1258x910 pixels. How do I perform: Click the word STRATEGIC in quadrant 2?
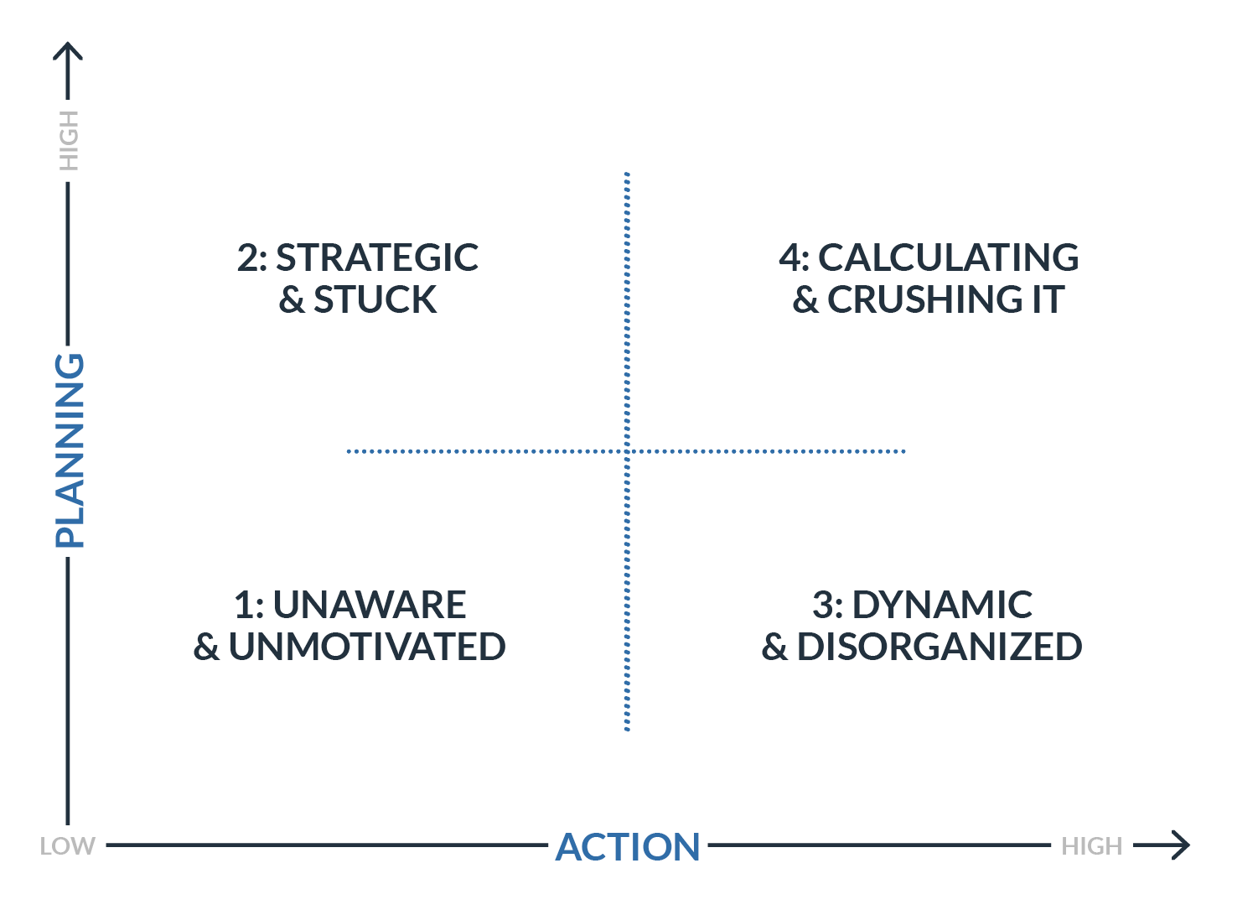coord(377,257)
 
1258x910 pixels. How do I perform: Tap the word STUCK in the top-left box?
coord(375,300)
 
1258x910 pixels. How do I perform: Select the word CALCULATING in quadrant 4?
coord(948,257)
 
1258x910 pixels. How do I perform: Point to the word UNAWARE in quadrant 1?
coord(369,605)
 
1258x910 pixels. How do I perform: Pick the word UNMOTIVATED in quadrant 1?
coord(367,647)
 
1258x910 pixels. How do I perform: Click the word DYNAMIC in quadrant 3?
coord(942,605)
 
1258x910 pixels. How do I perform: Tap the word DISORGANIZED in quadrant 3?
coord(940,647)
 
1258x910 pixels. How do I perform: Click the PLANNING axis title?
coord(69,450)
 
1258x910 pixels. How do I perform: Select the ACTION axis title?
coord(628,846)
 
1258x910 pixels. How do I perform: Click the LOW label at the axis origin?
coord(67,845)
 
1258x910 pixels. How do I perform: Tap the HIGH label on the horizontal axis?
coord(1091,845)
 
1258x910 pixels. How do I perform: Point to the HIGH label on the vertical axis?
coord(68,140)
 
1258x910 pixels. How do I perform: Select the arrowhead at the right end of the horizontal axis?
coord(1182,845)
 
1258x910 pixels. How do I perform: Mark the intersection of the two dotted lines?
coord(627,451)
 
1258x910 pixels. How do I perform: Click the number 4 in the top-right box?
coord(790,257)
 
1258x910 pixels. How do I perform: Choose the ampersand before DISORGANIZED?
coord(774,647)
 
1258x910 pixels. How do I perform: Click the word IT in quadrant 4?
coord(1048,300)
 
